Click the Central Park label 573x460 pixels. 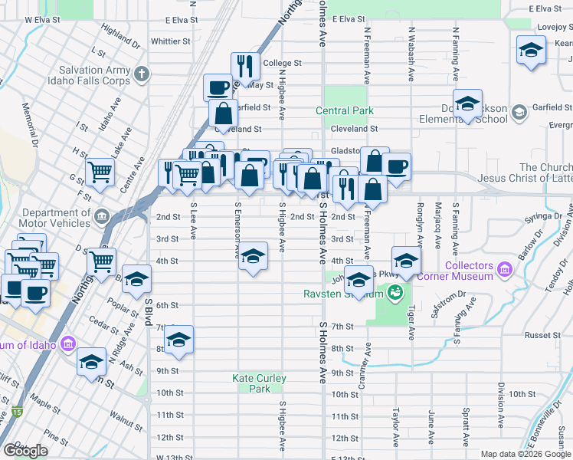coord(345,110)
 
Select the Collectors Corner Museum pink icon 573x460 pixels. coord(504,270)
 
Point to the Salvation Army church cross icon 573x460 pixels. coord(140,74)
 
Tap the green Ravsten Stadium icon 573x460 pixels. coord(395,291)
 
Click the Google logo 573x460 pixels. coord(26,451)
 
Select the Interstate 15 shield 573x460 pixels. coord(17,412)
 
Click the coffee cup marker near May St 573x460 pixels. coord(218,86)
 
